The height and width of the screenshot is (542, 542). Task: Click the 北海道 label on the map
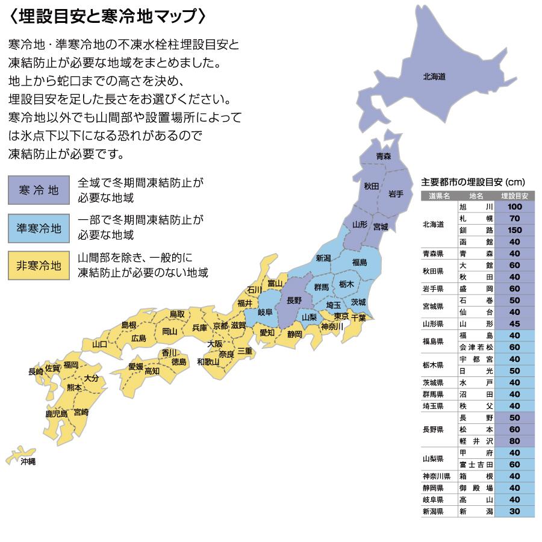(x=434, y=76)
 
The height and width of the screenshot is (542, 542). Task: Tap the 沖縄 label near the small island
(x=28, y=461)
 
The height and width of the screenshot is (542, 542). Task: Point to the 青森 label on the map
(x=384, y=156)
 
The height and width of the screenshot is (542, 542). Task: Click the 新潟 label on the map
(x=323, y=258)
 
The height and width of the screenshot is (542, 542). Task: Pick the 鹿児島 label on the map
(x=56, y=414)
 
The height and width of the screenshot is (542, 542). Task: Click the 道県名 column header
(x=439, y=196)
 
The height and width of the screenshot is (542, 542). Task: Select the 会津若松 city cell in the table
(x=476, y=347)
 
